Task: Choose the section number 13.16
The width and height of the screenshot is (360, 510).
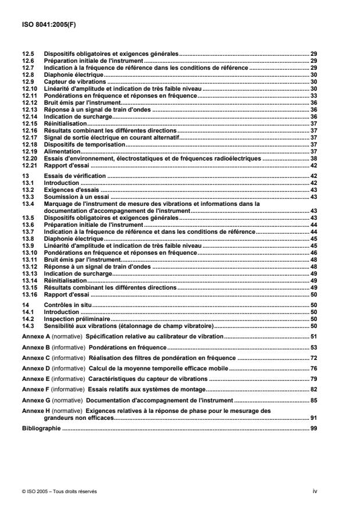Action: tap(28, 295)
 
